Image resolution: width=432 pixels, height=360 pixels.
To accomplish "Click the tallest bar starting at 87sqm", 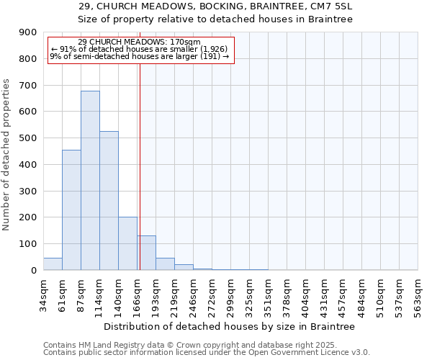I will tap(90, 180).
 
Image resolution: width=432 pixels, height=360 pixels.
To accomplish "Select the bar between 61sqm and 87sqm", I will tap(71, 210).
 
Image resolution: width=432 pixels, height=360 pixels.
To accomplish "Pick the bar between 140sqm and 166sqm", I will tap(127, 243).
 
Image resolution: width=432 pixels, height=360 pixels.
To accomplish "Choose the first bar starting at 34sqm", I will tap(53, 264).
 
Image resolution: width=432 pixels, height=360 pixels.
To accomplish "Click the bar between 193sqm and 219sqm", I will tap(165, 264).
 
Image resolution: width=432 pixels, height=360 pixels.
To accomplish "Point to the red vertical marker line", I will tap(140, 166).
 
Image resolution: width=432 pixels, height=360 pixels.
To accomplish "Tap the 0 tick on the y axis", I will tap(35, 270).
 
